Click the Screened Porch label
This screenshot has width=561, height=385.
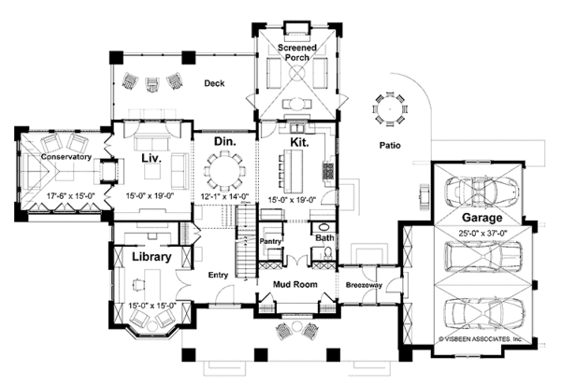pyautogui.click(x=297, y=52)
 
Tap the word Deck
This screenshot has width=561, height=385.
pyautogui.click(x=214, y=83)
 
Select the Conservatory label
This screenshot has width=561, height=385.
pyautogui.click(x=65, y=157)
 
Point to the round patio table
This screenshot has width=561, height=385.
pyautogui.click(x=390, y=108)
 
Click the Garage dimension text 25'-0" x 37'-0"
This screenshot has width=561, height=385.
pyautogui.click(x=483, y=234)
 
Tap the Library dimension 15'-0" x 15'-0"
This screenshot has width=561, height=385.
pyautogui.click(x=152, y=306)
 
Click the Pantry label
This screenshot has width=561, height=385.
pyautogui.click(x=270, y=241)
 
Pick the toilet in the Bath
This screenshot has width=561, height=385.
pyautogui.click(x=327, y=253)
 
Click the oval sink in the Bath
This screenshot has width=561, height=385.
pyautogui.click(x=324, y=227)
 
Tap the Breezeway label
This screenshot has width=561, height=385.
pyautogui.click(x=364, y=285)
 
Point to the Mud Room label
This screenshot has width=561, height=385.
pyautogui.click(x=295, y=285)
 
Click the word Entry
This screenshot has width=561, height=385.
pyautogui.click(x=218, y=275)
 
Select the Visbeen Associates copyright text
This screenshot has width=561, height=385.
pyautogui.click(x=481, y=338)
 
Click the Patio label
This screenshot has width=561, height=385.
pyautogui.click(x=390, y=145)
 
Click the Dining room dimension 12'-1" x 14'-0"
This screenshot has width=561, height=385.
pyautogui.click(x=224, y=196)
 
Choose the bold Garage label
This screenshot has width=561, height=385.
pyautogui.click(x=482, y=218)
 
